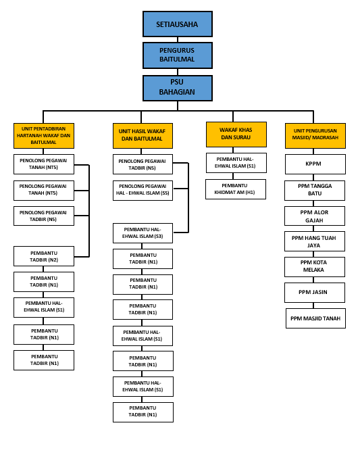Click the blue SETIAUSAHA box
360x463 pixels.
point(178,24)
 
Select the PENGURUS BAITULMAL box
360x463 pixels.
point(178,55)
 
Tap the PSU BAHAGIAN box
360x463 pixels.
point(178,88)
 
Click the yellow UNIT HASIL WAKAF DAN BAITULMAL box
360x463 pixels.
point(143,136)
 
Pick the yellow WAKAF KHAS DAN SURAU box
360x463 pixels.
point(236,135)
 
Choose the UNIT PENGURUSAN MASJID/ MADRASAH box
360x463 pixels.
point(315,136)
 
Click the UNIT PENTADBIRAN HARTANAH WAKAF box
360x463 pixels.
point(44,136)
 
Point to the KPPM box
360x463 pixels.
point(315,164)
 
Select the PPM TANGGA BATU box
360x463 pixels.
point(315,191)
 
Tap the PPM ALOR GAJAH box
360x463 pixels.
point(315,216)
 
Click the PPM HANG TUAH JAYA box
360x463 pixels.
point(315,241)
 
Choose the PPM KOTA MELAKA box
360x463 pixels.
point(315,266)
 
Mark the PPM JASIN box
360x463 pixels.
point(315,292)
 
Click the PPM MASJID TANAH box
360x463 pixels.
point(315,318)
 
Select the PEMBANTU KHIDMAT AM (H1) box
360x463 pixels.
point(236,189)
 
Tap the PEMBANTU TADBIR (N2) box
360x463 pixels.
point(44,256)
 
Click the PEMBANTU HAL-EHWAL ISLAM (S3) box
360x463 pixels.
point(143,233)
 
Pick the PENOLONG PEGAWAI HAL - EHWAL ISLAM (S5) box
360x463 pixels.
point(143,191)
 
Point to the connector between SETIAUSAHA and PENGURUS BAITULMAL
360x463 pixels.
point(178,40)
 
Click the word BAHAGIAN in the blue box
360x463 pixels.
point(177,92)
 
